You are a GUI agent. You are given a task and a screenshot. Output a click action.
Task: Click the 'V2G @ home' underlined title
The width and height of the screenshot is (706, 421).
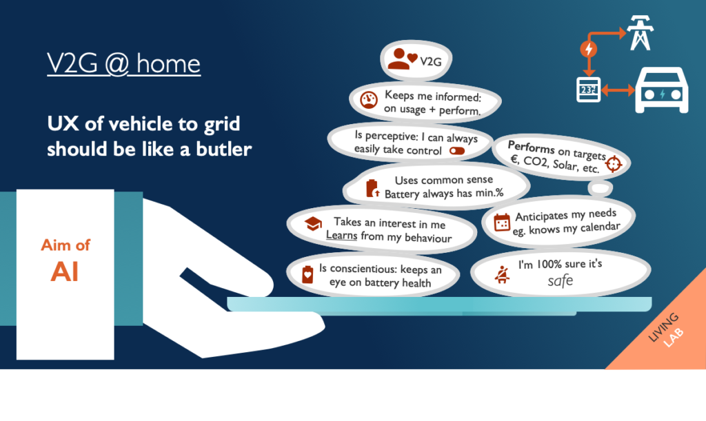tap(124, 64)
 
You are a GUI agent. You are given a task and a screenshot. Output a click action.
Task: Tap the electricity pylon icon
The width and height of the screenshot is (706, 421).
tap(641, 32)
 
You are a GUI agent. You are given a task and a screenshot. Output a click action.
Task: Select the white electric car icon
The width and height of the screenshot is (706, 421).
tap(661, 90)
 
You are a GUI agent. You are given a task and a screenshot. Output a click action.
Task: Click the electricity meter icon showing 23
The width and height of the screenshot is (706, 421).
tap(589, 90)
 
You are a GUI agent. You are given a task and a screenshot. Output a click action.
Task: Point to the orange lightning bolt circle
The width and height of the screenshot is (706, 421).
tap(589, 48)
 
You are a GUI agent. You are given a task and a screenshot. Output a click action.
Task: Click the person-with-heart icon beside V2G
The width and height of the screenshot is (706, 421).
tap(402, 59)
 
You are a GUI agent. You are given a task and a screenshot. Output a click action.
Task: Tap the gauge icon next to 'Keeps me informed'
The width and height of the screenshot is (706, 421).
tap(369, 99)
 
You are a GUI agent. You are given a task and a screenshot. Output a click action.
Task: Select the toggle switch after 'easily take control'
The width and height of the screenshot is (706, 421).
tap(457, 151)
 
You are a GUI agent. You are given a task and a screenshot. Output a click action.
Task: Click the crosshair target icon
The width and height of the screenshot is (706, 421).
tap(613, 164)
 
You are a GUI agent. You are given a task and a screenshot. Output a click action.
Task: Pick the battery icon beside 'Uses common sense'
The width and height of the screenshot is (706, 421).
tap(372, 189)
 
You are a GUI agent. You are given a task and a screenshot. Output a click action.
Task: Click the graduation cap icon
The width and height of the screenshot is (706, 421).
tap(313, 223)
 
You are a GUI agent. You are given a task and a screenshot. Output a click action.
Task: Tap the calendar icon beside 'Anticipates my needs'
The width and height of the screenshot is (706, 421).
tap(502, 222)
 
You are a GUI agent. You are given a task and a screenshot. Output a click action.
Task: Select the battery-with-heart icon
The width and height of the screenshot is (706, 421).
tap(307, 274)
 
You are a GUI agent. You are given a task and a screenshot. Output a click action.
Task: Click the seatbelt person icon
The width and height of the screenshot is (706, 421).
tap(502, 274)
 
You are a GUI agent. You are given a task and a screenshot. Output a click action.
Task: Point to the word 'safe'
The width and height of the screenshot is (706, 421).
tap(561, 281)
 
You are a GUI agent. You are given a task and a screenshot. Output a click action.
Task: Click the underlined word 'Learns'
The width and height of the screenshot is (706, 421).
tap(342, 236)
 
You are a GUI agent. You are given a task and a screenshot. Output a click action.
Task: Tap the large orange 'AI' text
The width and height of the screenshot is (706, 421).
tap(65, 271)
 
